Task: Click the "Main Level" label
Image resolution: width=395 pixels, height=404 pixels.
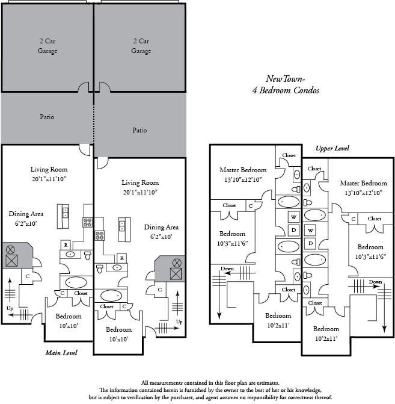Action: [x=61, y=353]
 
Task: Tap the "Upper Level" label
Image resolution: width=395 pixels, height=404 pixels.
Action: [x=332, y=148]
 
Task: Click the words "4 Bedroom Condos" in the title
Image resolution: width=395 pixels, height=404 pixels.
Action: [x=286, y=90]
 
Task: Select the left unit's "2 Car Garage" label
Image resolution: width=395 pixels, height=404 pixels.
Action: [x=47, y=46]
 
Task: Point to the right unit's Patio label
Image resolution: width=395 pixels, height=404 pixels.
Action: [x=139, y=130]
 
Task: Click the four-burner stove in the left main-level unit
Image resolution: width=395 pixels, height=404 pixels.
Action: [x=88, y=222]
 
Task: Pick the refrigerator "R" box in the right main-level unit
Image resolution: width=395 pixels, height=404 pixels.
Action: [x=121, y=258]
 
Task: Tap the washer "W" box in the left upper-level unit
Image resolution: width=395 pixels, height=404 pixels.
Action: [x=293, y=217]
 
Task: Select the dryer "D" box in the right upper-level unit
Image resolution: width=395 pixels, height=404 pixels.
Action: [x=310, y=243]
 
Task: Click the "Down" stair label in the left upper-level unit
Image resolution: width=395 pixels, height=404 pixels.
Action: [x=227, y=269]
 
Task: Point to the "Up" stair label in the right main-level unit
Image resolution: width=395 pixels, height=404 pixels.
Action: [x=179, y=322]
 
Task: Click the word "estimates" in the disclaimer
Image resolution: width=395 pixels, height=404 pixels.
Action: [x=268, y=383]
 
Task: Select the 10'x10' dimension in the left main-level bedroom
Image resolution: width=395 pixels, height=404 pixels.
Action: [x=69, y=326]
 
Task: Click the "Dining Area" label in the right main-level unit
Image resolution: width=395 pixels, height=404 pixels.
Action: [x=161, y=227]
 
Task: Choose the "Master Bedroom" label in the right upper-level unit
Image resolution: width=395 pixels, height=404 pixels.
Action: [x=363, y=183]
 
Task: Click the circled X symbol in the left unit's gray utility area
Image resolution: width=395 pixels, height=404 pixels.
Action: [x=10, y=249]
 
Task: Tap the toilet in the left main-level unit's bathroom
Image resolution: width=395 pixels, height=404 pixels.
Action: [x=88, y=255]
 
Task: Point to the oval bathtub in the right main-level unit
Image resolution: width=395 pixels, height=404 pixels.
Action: [x=111, y=296]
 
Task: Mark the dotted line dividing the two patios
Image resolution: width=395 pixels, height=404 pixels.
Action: [x=94, y=124]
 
